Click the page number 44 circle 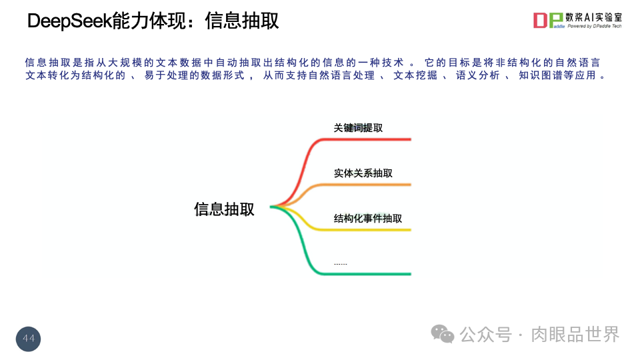(x=29, y=339)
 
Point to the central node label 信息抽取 (x=224, y=209)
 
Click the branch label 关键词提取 (x=358, y=127)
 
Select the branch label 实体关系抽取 (x=363, y=173)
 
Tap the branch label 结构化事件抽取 (x=367, y=219)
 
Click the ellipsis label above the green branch (x=340, y=264)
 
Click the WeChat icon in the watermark (x=442, y=334)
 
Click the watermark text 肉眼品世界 (x=575, y=334)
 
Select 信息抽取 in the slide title (x=242, y=21)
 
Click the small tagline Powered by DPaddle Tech (x=594, y=27)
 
